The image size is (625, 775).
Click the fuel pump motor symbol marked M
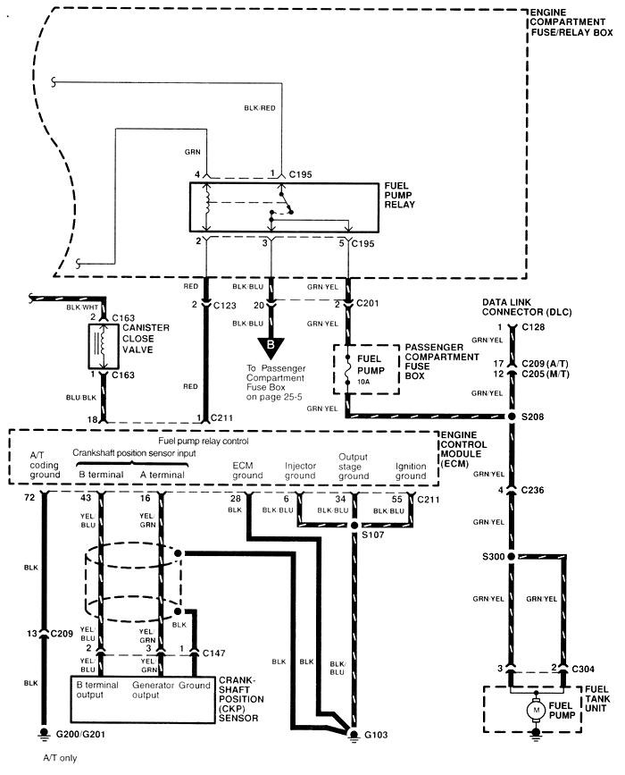[535, 711]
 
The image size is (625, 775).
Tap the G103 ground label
[376, 735]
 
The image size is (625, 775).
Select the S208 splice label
[532, 417]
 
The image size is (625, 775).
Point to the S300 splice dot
[511, 557]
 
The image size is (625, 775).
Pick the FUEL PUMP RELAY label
[399, 195]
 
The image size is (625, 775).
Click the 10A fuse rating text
[364, 382]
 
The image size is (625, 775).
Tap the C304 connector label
[583, 669]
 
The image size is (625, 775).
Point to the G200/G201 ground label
[80, 734]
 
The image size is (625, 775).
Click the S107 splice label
[372, 535]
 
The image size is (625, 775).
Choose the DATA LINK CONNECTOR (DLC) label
[527, 307]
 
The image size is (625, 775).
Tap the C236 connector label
[532, 490]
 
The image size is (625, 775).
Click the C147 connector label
[213, 653]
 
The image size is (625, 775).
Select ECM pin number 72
[29, 497]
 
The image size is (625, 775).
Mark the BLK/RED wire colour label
[260, 108]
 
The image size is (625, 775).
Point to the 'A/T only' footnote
[60, 758]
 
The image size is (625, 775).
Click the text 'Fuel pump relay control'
[204, 441]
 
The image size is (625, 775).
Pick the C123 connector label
[225, 306]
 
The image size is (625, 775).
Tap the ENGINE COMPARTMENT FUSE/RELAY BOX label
[571, 22]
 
